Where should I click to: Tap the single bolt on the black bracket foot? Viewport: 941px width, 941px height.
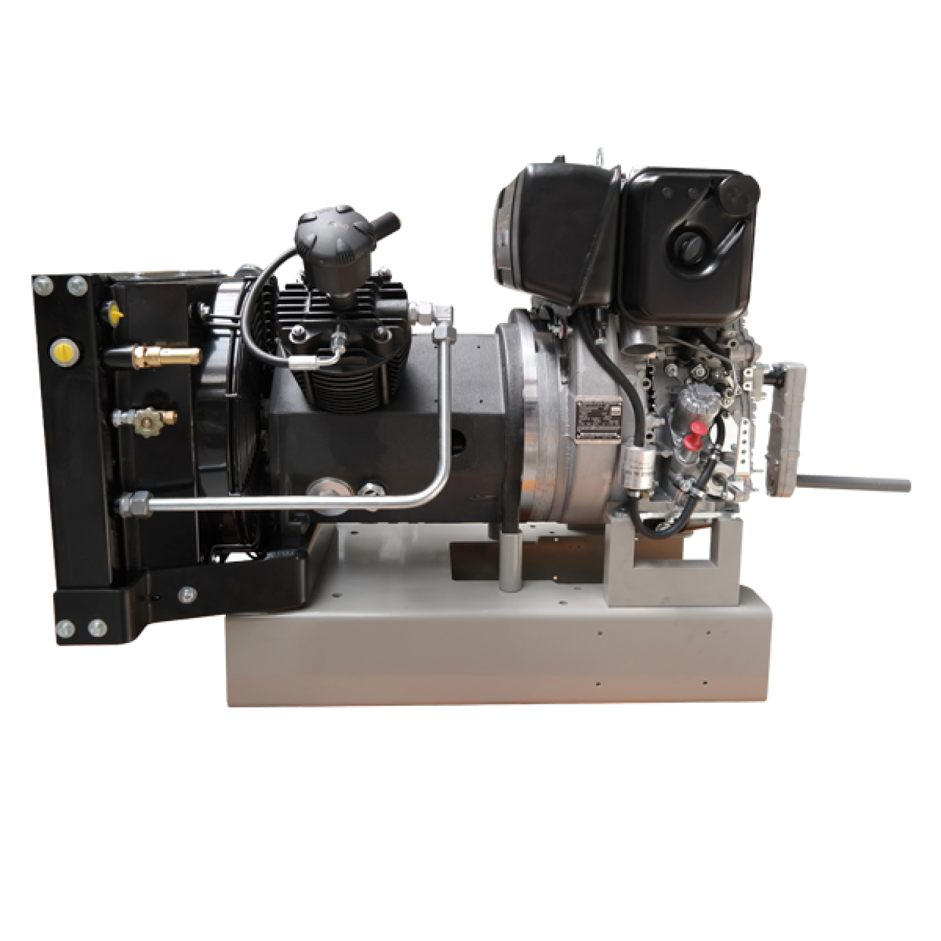(186, 593)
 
